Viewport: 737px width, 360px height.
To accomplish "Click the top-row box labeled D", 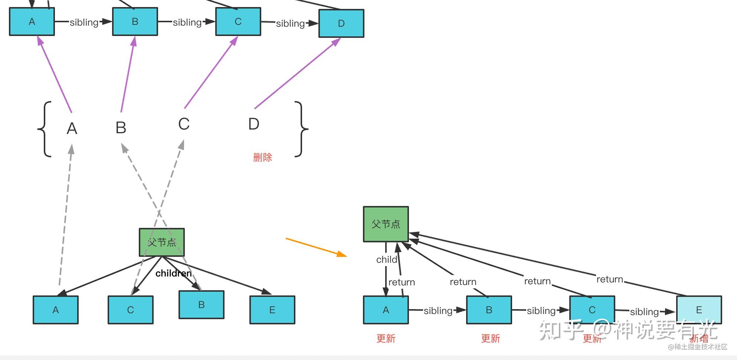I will click(x=341, y=23).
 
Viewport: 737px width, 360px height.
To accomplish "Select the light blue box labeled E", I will click(x=699, y=310).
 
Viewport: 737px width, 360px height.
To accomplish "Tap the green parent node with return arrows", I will click(x=386, y=224).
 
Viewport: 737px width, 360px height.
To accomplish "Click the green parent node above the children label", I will click(x=162, y=242).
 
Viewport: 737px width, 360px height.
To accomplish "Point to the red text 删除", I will click(x=262, y=157).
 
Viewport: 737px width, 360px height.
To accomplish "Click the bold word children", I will click(x=173, y=274).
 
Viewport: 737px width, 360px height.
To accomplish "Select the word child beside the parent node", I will click(x=386, y=259).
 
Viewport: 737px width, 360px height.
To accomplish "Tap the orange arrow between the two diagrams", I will click(x=315, y=247).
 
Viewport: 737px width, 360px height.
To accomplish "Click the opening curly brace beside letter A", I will click(x=45, y=129).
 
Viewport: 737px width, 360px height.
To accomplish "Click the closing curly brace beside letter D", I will click(x=301, y=129).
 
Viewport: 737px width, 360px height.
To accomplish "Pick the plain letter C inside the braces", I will click(x=184, y=124).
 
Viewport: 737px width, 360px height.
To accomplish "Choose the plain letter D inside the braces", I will click(x=253, y=124).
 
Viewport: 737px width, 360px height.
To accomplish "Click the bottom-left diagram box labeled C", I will click(x=130, y=310).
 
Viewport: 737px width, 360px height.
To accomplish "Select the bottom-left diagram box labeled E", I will click(x=272, y=310).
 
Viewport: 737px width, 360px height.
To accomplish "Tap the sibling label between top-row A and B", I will click(x=84, y=22).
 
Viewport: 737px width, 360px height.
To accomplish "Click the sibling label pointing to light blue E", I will click(x=644, y=312).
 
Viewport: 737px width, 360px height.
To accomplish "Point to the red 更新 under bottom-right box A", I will click(x=386, y=338).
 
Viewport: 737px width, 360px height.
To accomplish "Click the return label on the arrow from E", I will click(x=609, y=279).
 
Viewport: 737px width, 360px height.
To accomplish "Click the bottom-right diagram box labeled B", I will click(x=489, y=310).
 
